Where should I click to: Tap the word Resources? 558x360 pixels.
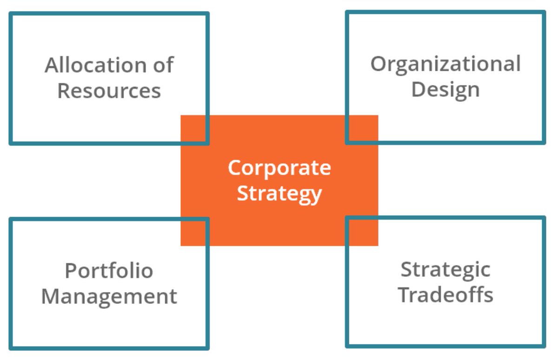click(109, 91)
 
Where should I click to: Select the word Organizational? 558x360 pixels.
click(445, 64)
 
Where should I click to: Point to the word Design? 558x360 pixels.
click(445, 89)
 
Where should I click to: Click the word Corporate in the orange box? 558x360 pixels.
click(279, 167)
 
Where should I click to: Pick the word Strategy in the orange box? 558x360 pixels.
click(279, 193)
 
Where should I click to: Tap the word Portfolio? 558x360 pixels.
click(109, 270)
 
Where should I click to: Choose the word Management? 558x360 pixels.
click(109, 296)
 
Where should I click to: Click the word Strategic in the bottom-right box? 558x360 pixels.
click(445, 269)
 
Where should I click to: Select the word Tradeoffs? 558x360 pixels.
click(445, 295)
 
